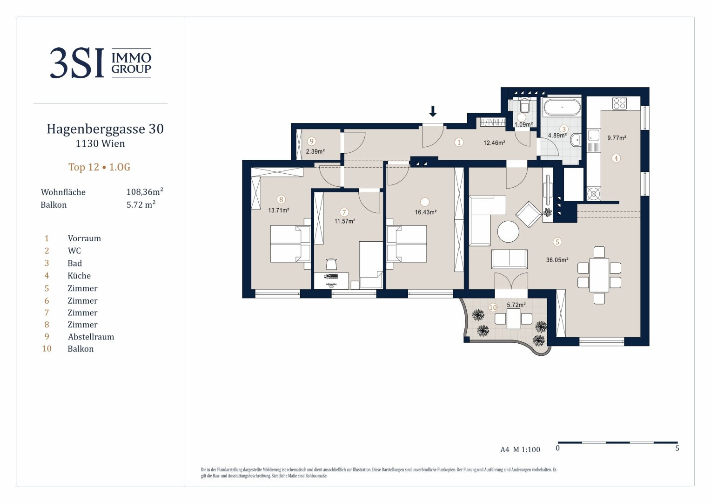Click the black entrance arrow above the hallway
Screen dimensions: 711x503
click(433, 111)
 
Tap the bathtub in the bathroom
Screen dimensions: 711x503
click(562, 107)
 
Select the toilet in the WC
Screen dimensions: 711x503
click(524, 106)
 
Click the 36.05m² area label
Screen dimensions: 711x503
click(557, 260)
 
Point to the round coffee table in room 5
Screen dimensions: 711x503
click(508, 231)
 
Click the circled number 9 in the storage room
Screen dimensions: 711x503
click(312, 142)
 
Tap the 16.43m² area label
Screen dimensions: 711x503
click(426, 212)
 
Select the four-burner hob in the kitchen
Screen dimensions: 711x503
click(619, 103)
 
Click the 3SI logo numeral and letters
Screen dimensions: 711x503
click(77, 63)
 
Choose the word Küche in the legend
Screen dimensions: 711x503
click(79, 276)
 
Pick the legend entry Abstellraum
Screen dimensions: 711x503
click(91, 337)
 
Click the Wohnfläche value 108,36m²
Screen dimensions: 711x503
click(145, 191)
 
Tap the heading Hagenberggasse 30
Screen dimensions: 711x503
click(105, 129)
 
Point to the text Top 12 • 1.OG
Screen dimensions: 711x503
click(100, 167)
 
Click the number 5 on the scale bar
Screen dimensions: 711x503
click(677, 449)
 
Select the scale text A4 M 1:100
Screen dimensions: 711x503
click(520, 449)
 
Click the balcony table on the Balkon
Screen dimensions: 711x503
click(513, 319)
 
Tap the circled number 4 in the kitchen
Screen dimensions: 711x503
click(616, 158)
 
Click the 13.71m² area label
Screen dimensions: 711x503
click(279, 211)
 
